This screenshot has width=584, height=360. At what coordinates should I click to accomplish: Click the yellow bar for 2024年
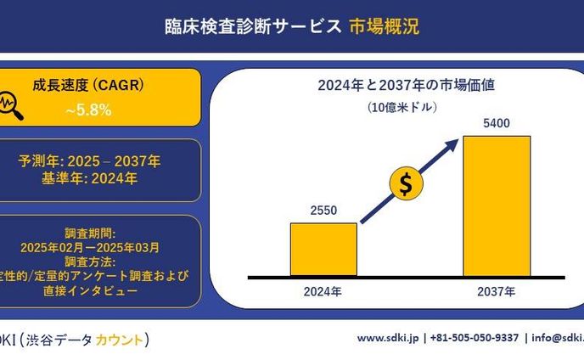point(323,250)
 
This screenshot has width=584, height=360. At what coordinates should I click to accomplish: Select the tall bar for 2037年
point(497,205)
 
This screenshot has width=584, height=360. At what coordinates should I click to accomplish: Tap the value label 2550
point(323,211)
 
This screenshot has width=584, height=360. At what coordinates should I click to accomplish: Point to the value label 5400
point(497,124)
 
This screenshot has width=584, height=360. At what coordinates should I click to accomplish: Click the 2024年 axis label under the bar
point(323,292)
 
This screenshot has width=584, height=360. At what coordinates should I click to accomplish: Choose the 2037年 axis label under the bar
point(497,292)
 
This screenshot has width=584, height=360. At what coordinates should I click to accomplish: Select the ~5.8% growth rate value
point(89,110)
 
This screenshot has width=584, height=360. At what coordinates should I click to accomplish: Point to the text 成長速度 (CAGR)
point(88,86)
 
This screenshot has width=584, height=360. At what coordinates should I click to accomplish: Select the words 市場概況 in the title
point(384,26)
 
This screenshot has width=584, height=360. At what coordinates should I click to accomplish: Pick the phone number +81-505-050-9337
point(475,338)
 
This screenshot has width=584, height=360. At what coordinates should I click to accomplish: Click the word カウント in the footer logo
point(118,340)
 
